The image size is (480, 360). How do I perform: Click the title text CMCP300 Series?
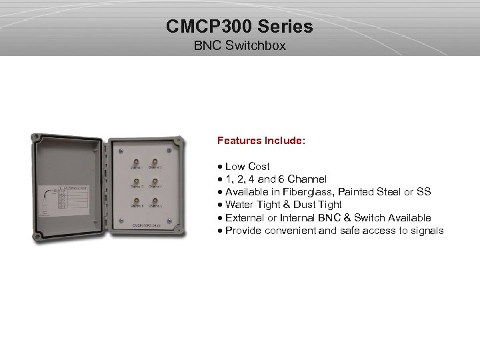pos(239,28)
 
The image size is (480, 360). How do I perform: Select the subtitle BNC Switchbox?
pos(239,47)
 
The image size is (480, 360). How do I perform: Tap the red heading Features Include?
pos(261,141)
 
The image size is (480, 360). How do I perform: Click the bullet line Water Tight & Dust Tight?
pos(283,205)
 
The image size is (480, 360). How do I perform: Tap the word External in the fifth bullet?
pos(245,218)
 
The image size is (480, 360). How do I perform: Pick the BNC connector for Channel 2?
pos(155,163)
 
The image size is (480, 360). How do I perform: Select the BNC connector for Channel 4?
pos(155,182)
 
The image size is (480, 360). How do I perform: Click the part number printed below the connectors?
pos(144,226)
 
